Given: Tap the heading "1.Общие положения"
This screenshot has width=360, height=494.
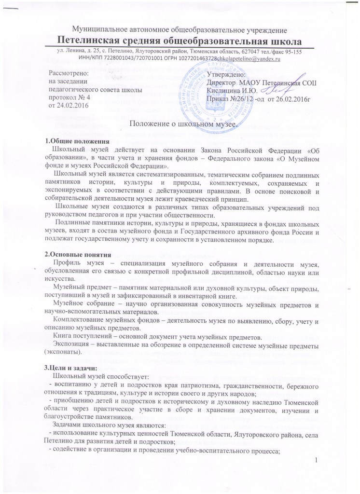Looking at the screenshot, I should [77, 141].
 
